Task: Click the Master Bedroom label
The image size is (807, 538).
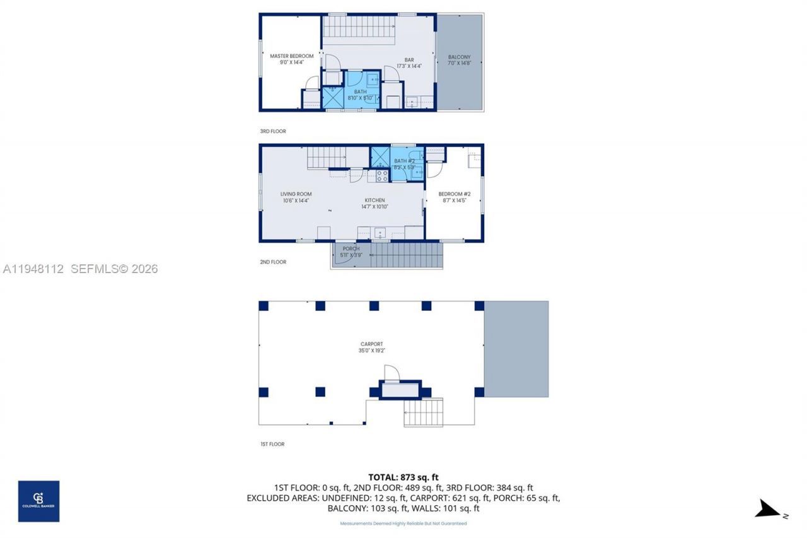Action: tap(291, 59)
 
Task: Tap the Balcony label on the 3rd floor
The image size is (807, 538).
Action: tap(459, 60)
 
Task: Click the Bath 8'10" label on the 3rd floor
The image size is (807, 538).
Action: tap(360, 95)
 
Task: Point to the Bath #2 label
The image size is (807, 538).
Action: tap(404, 164)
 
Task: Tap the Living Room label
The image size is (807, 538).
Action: tap(296, 197)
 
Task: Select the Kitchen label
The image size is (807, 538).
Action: tap(374, 203)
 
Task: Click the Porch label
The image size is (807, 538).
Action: tap(351, 252)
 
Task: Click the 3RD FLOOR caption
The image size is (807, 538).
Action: tap(273, 131)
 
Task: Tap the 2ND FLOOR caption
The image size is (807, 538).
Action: tap(273, 262)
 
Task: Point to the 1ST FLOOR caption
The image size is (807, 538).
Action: tap(272, 444)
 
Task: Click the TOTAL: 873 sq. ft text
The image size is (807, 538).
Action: tap(403, 477)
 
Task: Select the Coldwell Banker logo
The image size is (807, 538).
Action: tap(38, 501)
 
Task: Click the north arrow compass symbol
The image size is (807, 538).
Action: tap(769, 509)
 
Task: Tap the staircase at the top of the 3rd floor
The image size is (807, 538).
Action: tap(359, 28)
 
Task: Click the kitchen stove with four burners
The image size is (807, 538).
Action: tap(382, 175)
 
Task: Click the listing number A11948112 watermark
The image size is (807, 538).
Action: tap(33, 269)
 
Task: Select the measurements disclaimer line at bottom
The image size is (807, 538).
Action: tap(403, 523)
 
